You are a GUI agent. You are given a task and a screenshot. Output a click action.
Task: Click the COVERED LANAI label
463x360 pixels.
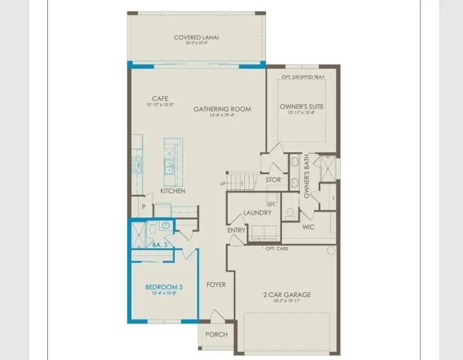(197, 37)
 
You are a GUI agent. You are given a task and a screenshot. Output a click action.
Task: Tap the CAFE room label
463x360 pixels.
(160, 98)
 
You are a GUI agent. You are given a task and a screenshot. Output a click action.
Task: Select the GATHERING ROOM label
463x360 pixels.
(222, 109)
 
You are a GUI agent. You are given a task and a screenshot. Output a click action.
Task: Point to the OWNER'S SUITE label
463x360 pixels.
(302, 106)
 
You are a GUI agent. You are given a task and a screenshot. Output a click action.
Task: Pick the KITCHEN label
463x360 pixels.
(173, 191)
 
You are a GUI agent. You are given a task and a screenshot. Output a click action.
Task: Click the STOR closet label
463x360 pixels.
(273, 179)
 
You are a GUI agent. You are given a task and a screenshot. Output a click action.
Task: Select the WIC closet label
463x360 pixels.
(309, 227)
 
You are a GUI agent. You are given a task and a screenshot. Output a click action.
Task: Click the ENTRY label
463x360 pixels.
(236, 230)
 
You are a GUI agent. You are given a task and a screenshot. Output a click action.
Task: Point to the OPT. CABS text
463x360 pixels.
(277, 249)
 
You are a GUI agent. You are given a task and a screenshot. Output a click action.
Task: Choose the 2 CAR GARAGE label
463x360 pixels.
(287, 295)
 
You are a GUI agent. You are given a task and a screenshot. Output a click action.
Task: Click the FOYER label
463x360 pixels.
(216, 284)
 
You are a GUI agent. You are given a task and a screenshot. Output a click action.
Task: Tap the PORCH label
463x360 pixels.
(216, 334)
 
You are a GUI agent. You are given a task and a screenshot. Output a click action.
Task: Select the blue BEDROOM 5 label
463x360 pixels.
(162, 286)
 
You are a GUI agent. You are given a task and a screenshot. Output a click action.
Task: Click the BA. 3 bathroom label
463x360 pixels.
(160, 245)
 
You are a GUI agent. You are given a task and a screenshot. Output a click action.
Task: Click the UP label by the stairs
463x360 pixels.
(222, 183)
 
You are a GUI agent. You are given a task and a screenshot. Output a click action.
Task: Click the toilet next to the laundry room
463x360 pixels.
(290, 213)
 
